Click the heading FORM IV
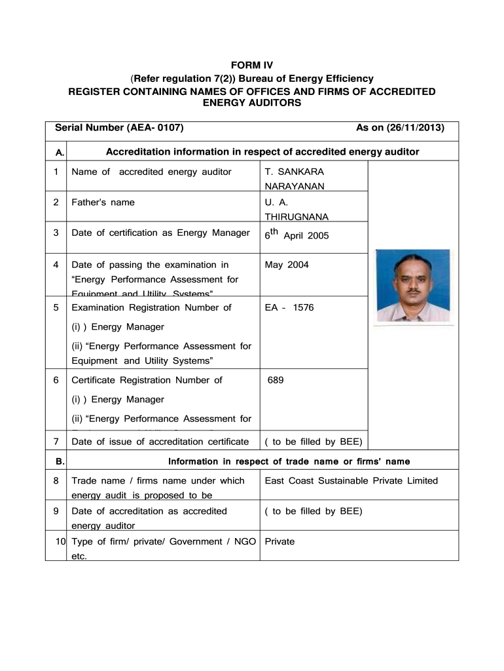tap(252, 66)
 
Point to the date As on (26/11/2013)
tap(400, 128)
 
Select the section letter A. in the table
tap(60, 153)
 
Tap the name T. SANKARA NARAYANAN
tap(294, 179)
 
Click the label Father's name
tap(103, 202)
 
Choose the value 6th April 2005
tap(297, 234)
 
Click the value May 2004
tap(287, 265)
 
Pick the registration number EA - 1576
tap(289, 307)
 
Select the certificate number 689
tap(276, 380)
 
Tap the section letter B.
tap(60, 461)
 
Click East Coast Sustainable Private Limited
tap(351, 481)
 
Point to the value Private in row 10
tap(279, 542)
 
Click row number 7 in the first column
tap(56, 442)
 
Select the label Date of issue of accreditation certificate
tap(160, 442)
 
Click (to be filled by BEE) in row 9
tap(313, 511)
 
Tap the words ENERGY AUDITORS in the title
tap(252, 104)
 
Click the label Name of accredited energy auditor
tap(151, 172)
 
